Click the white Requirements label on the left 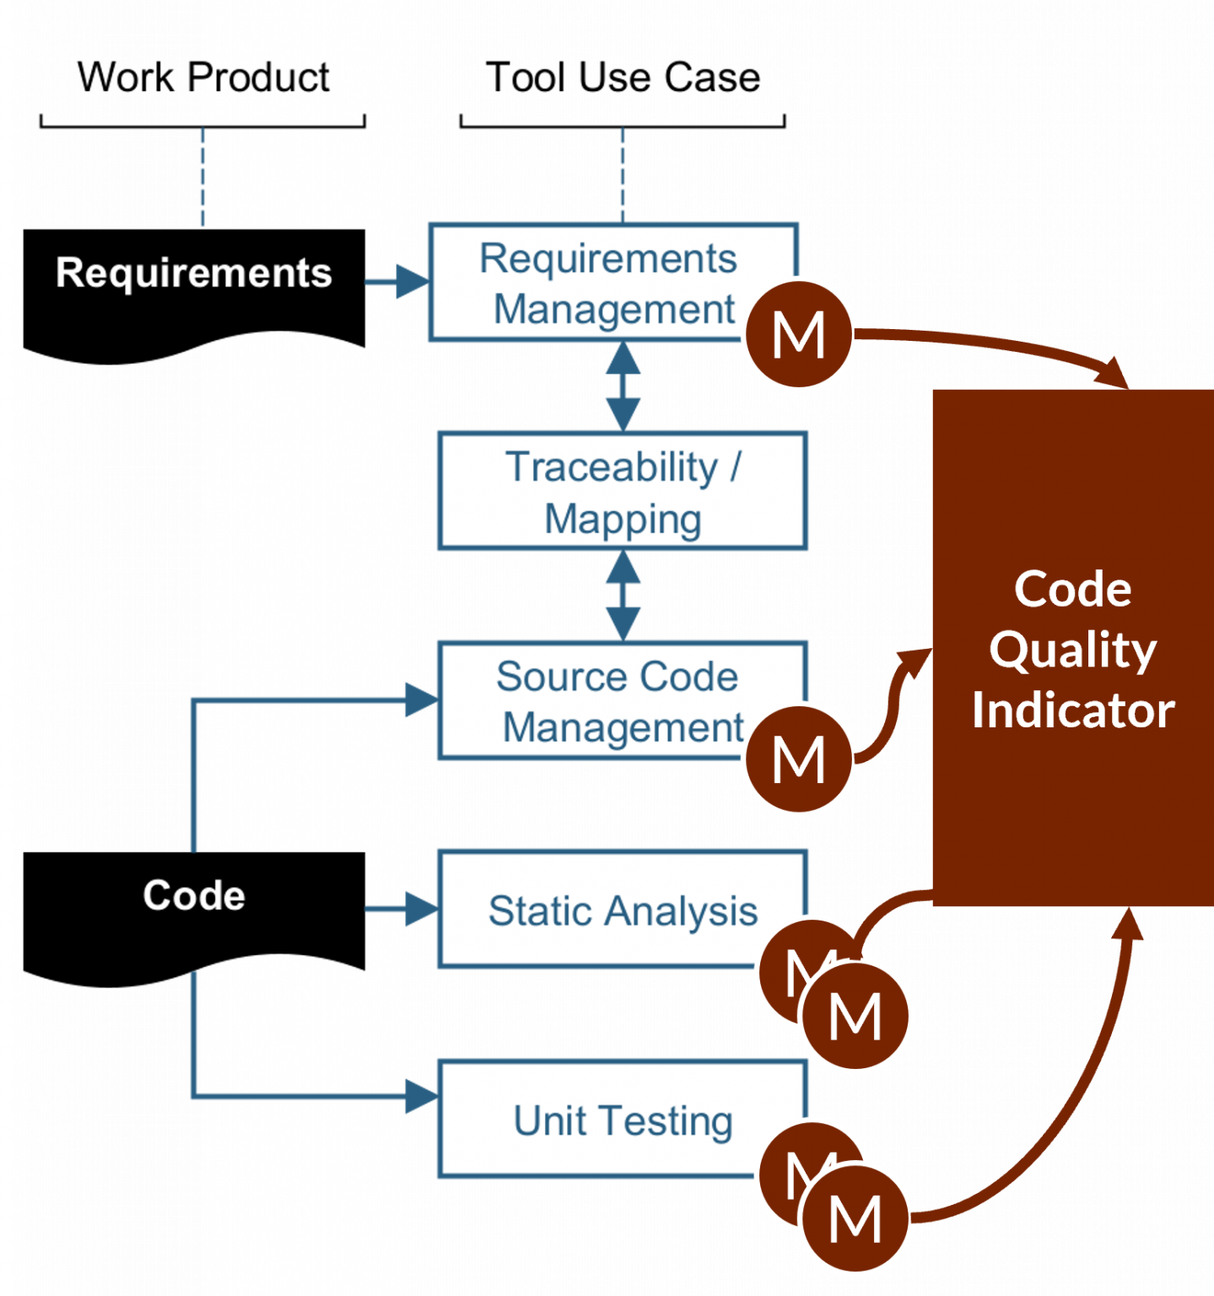click(193, 273)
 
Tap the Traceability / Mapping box click(623, 491)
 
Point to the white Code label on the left click(194, 895)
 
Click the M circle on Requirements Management click(798, 335)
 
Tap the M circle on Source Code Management click(798, 759)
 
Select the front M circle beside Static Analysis click(855, 1016)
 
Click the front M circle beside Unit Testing click(855, 1218)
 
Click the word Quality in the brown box click(1072, 650)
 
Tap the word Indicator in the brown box click(1072, 710)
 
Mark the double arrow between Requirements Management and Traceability click(623, 386)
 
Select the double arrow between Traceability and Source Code click(623, 596)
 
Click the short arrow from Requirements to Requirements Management click(397, 282)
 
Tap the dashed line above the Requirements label click(202, 177)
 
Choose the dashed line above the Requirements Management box click(623, 173)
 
